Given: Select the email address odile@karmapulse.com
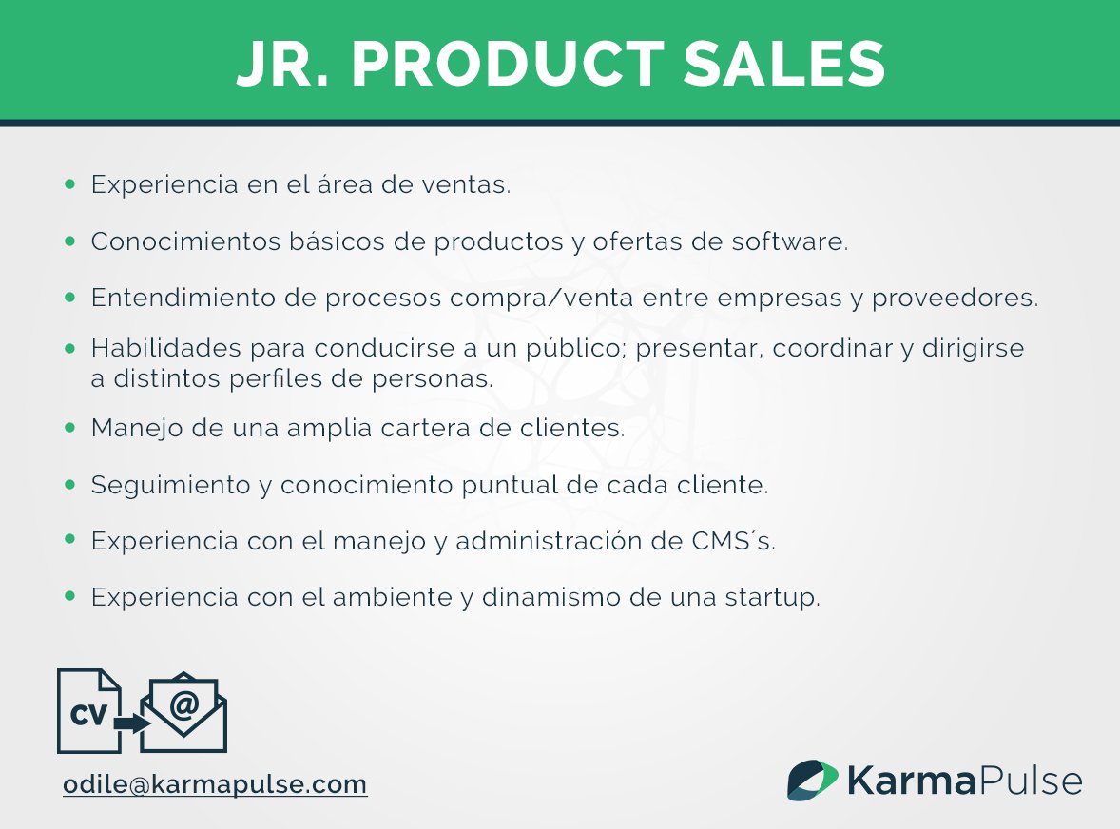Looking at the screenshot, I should [x=215, y=785].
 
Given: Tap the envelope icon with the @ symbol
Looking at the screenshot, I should [x=184, y=714].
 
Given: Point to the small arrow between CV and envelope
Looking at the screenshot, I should [x=131, y=723].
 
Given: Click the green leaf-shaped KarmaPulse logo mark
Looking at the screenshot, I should [x=811, y=781].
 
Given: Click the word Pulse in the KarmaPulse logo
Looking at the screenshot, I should [x=1031, y=781].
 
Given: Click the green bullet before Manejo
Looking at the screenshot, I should [x=69, y=428].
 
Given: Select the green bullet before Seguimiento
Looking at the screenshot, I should [x=69, y=485].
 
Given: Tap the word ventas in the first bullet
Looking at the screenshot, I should [x=473, y=185].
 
